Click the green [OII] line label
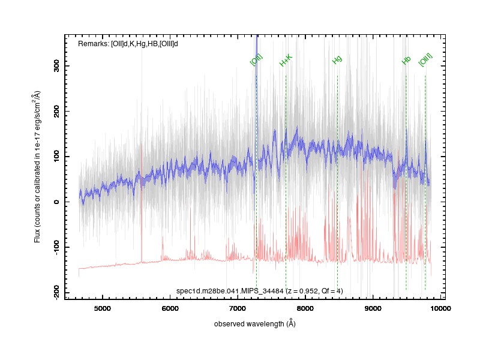click(256, 59)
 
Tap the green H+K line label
click(286, 61)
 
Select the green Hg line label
click(337, 59)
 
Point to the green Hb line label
click(406, 61)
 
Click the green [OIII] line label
click(425, 59)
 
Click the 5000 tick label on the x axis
click(102, 308)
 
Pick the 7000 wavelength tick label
click(238, 308)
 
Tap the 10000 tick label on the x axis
click(440, 308)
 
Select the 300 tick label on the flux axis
click(56, 66)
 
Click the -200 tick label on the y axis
click(56, 292)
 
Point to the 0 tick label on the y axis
click(56, 202)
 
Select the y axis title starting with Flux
click(37, 167)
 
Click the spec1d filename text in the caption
click(230, 291)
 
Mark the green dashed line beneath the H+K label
click(286, 182)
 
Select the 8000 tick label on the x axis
click(305, 308)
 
